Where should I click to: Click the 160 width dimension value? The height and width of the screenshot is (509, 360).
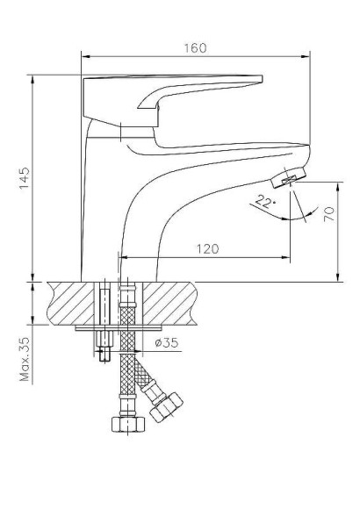click(195, 47)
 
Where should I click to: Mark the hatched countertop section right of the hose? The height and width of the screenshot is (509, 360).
click(166, 303)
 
